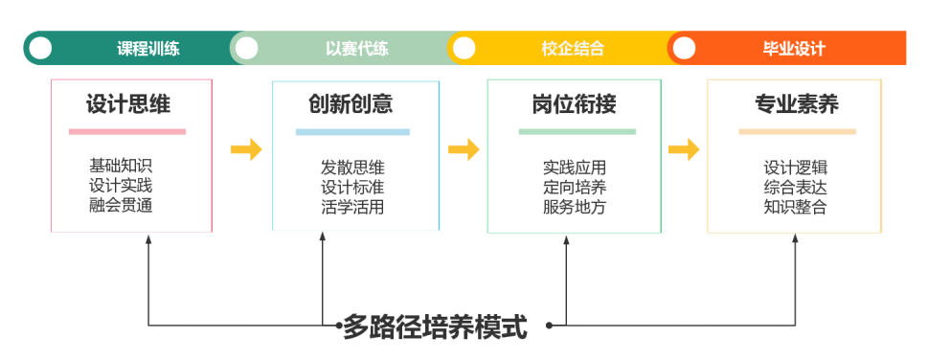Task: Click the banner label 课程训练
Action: click(x=147, y=49)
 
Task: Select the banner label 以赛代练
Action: click(x=357, y=49)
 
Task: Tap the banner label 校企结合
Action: click(x=573, y=49)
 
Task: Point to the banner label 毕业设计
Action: click(x=794, y=49)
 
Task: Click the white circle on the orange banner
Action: click(x=684, y=48)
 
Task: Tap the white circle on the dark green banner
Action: click(x=40, y=48)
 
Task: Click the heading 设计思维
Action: click(x=127, y=104)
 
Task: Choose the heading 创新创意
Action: click(x=351, y=104)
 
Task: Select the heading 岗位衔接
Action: click(x=574, y=104)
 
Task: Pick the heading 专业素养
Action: click(x=796, y=104)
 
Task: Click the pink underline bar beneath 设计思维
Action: click(x=127, y=131)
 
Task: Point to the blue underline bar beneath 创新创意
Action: click(x=352, y=132)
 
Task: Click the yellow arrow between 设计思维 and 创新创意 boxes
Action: click(x=246, y=149)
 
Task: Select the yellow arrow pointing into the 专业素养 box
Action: click(x=684, y=149)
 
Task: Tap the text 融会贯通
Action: click(x=121, y=206)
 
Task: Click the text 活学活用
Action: click(x=352, y=207)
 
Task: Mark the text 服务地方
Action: click(x=574, y=207)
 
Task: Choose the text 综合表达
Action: click(x=795, y=187)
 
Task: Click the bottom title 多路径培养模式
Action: click(x=435, y=326)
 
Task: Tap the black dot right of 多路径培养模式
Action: click(x=549, y=326)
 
